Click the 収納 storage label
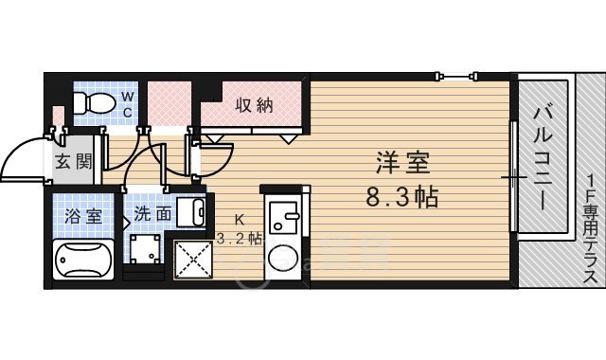[254, 105]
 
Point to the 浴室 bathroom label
[80, 215]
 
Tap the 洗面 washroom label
[152, 214]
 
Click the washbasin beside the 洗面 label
[193, 213]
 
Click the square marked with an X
[191, 258]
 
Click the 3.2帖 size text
[240, 239]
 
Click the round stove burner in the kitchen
[282, 258]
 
